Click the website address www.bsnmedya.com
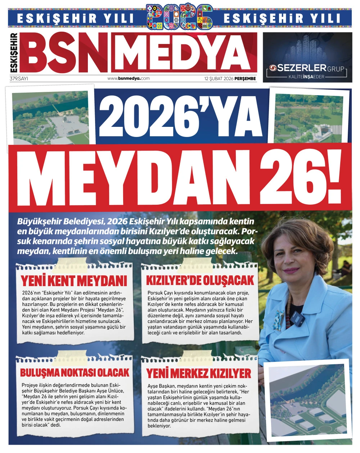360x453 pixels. pos(129,78)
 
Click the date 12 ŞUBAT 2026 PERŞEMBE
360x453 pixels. pos(230,78)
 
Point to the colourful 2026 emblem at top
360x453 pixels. pos(179,17)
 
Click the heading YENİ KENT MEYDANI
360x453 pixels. pos(74,281)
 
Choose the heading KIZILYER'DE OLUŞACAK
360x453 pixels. pos(200,280)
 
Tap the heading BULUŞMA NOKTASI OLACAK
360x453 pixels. pos(75,372)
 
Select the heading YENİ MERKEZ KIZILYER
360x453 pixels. pos(199,373)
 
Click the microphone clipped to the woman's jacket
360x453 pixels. pos(297,318)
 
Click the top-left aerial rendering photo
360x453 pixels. pos(51,116)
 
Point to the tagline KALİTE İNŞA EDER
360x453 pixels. pos(307,77)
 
